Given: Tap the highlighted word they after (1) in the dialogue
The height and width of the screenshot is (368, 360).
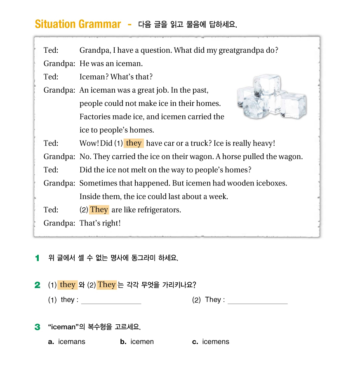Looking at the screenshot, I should tap(134, 143).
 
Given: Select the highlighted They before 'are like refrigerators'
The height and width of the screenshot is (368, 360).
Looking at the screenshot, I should tap(99, 210).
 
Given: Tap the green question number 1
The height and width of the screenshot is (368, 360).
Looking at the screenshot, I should tap(38, 258).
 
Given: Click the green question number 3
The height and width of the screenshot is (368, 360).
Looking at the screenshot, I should tap(38, 327).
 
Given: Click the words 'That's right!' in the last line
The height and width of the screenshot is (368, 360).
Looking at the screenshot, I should tap(100, 223).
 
